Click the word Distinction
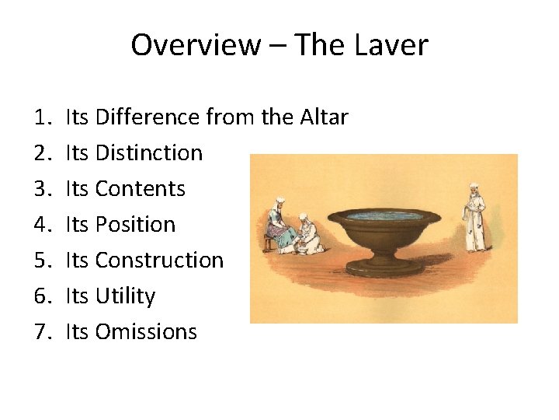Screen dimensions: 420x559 tap(148, 153)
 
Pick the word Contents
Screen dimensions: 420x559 tap(140, 189)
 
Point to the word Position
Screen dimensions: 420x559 tap(135, 225)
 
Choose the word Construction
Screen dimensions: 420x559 tap(159, 261)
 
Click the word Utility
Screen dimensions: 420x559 tap(125, 296)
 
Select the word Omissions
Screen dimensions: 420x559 tap(146, 332)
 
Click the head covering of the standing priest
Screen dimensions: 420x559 tap(472, 188)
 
